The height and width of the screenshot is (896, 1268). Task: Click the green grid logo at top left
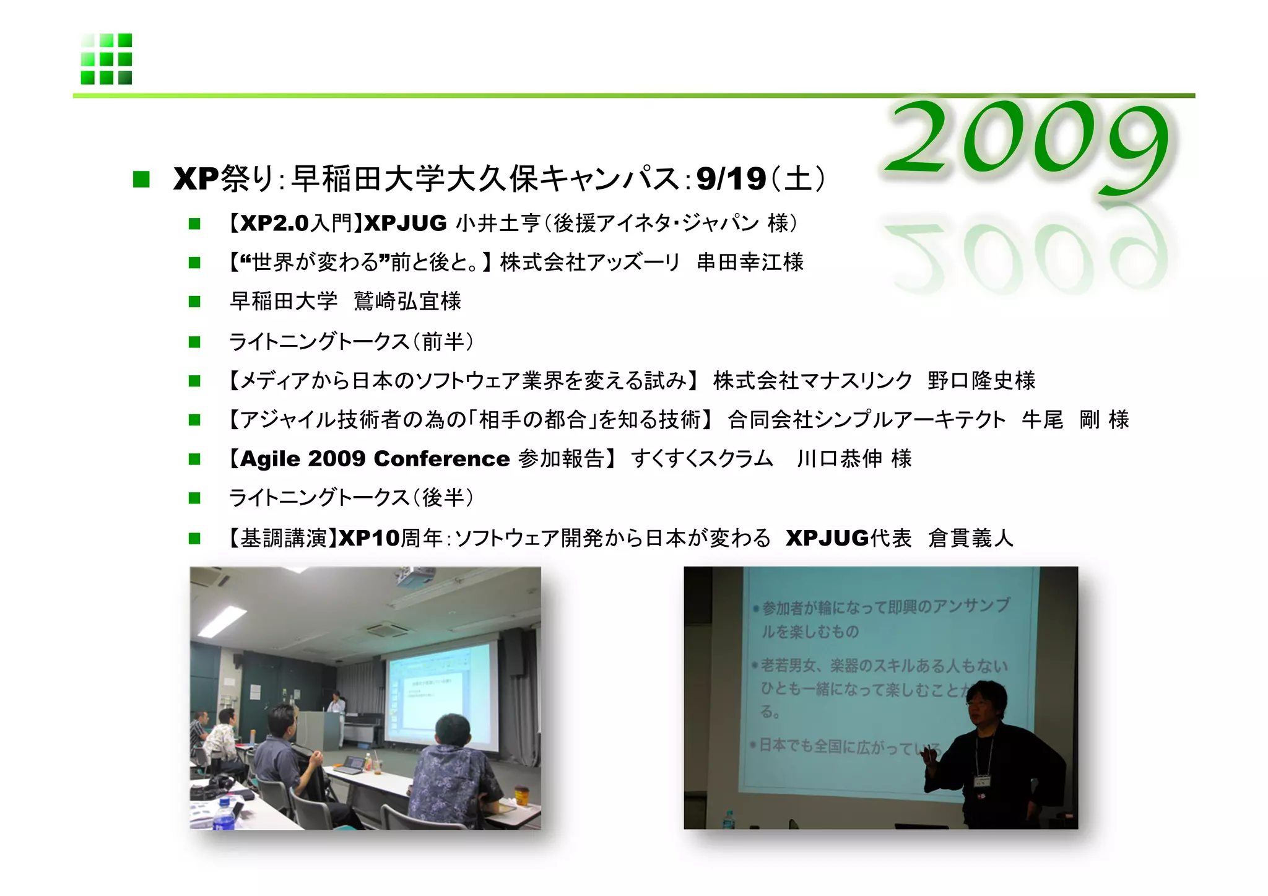[106, 59]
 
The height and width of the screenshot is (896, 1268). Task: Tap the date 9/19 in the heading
[731, 180]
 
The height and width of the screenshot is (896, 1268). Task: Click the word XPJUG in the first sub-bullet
[405, 223]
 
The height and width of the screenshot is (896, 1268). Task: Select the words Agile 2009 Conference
[375, 459]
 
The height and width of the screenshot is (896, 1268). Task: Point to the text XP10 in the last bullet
[369, 538]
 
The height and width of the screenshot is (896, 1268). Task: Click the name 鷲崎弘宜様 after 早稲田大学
[407, 302]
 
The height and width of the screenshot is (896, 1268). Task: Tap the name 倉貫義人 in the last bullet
[971, 538]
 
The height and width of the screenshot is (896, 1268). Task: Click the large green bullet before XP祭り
[141, 180]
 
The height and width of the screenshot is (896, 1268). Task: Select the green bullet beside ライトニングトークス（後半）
[194, 498]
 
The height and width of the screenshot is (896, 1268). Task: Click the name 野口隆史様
[981, 380]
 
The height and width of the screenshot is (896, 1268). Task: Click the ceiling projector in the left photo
[413, 580]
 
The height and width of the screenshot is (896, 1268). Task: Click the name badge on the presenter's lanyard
[981, 781]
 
